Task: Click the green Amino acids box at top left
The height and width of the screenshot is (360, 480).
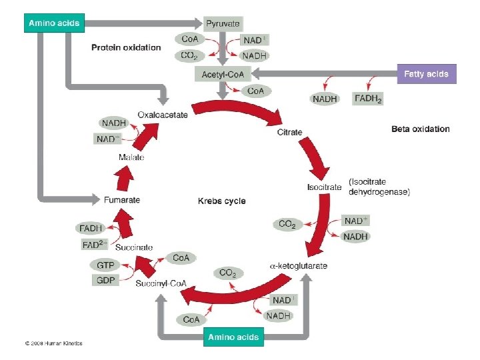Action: (54, 23)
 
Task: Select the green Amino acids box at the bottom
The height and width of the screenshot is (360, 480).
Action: (233, 337)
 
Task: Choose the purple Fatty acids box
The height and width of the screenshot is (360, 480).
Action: (426, 73)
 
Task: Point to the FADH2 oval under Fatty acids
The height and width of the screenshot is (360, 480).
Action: (369, 99)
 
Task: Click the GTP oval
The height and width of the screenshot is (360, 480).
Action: (105, 265)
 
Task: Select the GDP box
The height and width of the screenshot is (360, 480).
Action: (105, 280)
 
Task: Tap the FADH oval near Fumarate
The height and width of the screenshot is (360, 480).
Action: (91, 228)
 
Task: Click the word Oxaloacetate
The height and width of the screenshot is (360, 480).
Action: (163, 115)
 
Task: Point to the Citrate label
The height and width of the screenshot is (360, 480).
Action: (289, 132)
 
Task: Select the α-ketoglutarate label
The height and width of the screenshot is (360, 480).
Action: (298, 266)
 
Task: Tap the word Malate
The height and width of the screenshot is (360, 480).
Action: (131, 157)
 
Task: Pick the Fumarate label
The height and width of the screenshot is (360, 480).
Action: (122, 199)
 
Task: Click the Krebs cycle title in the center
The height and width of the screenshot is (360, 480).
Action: (222, 201)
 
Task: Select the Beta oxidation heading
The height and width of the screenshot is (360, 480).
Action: (420, 129)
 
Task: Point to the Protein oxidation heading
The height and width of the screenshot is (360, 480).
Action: (126, 47)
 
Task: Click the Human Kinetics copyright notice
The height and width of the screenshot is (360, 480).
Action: (53, 343)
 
